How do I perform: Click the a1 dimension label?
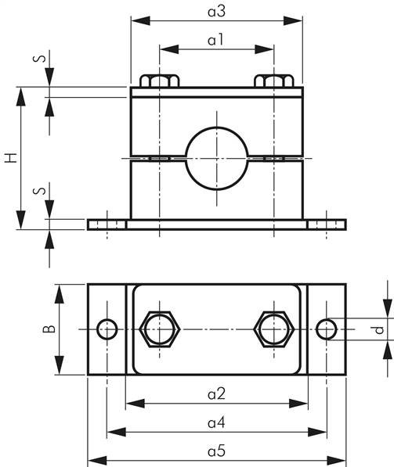click(216, 39)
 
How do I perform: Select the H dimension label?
click(9, 158)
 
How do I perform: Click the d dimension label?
click(380, 329)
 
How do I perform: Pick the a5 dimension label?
click(216, 451)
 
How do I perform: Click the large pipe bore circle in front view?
click(216, 157)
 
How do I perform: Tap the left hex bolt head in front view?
click(160, 81)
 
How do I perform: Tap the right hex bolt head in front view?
click(274, 81)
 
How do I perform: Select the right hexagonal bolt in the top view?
click(274, 329)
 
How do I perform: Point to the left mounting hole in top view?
click(107, 329)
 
